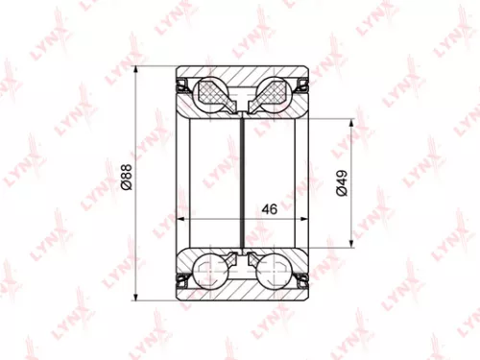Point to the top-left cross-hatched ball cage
tap(212, 93)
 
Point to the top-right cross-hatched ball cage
tap(273, 93)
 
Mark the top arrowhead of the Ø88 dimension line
tap(136, 70)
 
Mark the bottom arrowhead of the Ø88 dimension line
tap(136, 293)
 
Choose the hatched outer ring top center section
tap(242, 77)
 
